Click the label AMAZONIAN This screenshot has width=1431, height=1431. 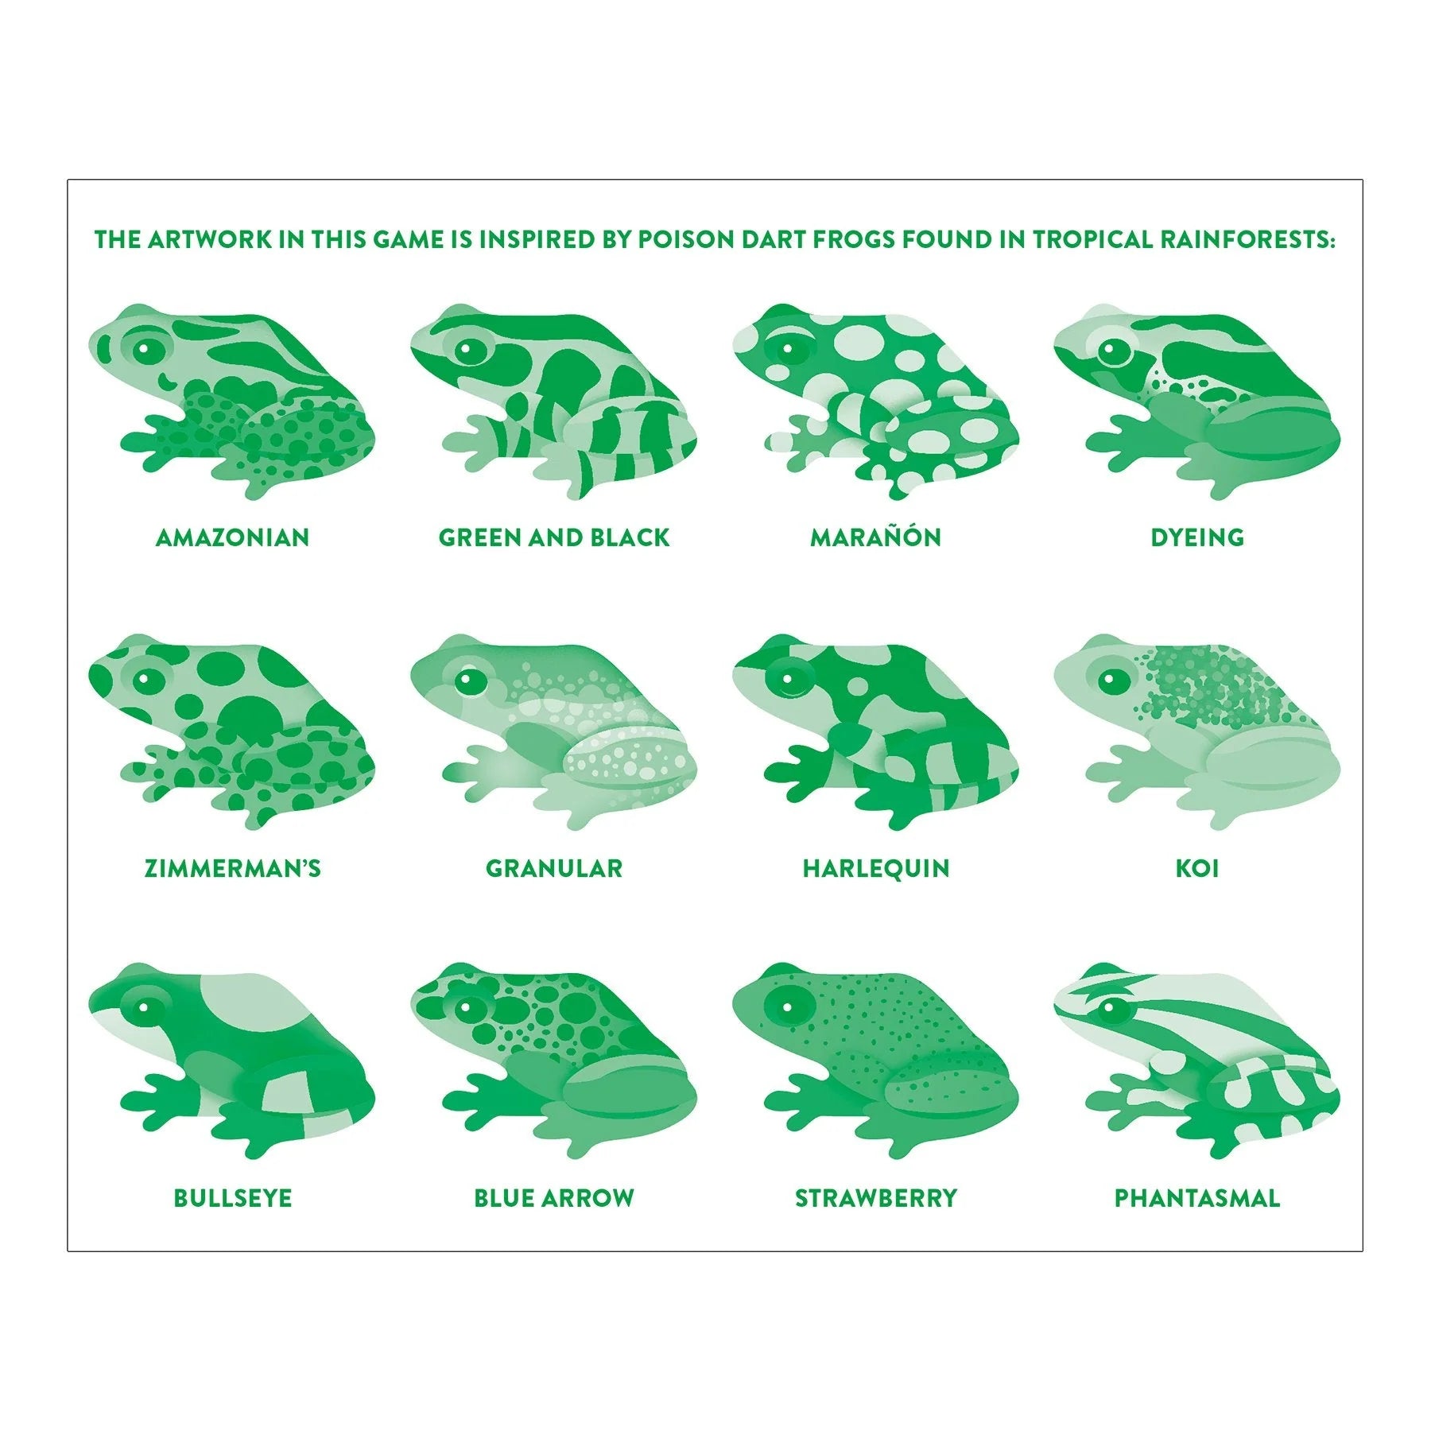(232, 537)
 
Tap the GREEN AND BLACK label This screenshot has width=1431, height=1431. (554, 537)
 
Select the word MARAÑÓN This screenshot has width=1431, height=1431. (875, 537)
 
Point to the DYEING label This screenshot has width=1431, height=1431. (1197, 537)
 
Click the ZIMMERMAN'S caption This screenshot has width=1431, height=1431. (232, 868)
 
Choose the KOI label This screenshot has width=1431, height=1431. (1197, 868)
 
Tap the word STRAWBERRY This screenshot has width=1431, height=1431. (876, 1198)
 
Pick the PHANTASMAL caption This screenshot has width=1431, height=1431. (1197, 1198)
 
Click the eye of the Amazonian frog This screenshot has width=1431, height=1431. (145, 348)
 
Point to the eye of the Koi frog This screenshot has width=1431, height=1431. (1111, 680)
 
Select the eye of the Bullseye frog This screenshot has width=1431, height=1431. (145, 1008)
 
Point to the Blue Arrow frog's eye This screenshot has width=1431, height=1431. (467, 1009)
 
